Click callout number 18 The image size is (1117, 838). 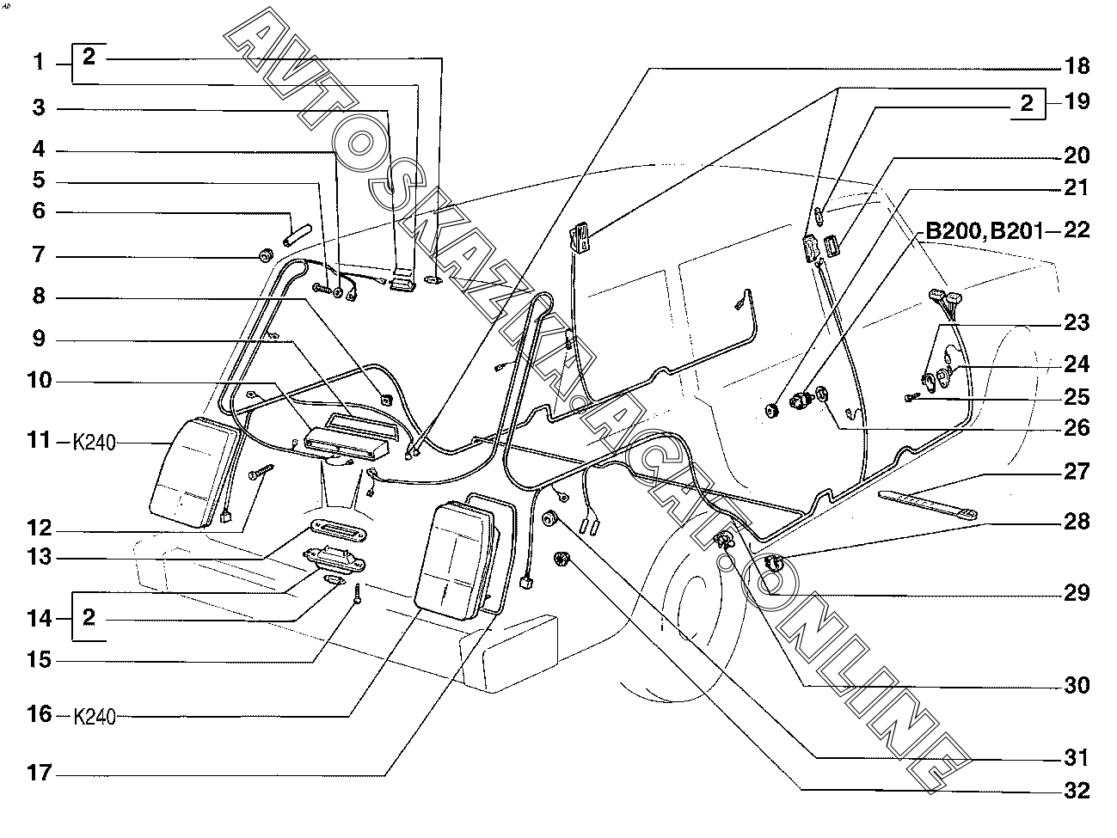point(1077,67)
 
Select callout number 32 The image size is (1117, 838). point(1077,790)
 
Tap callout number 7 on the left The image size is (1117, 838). point(40,254)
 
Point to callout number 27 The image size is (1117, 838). point(1077,471)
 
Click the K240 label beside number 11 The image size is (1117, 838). point(94,443)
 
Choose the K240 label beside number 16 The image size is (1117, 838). point(95,717)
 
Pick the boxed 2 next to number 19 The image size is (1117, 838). point(1027,103)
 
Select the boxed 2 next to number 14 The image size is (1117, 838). point(89,617)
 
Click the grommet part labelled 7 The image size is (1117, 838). point(265,254)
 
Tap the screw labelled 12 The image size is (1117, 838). point(261,471)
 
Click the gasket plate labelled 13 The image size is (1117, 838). point(339,531)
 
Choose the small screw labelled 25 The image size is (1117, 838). point(913,398)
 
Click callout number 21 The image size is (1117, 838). point(1077,187)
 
